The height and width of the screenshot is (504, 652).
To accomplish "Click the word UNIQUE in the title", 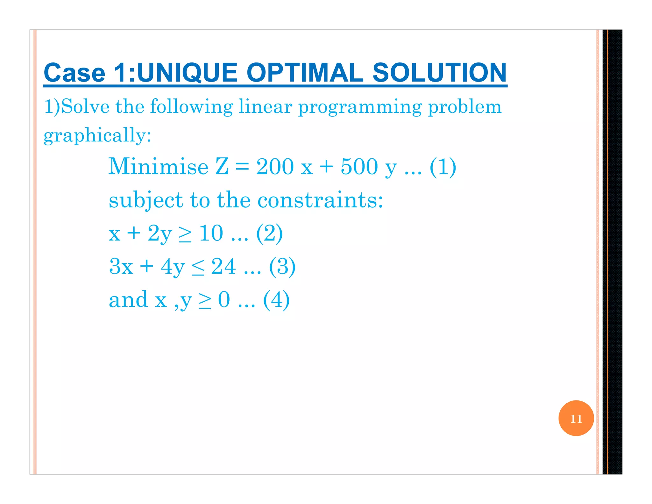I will pos(187,73).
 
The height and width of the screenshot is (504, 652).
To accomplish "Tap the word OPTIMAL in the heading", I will pos(305,73).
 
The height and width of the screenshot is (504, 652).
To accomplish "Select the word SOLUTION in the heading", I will pos(439,73).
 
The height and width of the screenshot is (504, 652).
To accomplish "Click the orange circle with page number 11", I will pos(576,418).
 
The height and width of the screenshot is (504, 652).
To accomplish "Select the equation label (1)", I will pos(443,167).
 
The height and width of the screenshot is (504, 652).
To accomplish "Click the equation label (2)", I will pos(269,233).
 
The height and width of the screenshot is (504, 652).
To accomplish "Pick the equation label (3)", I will pos(282,266).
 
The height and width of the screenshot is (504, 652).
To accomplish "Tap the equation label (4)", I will pos(276,300).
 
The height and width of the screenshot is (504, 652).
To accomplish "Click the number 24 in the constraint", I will pos(223,266).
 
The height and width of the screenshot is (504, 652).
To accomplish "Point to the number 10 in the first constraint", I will pos(211,233).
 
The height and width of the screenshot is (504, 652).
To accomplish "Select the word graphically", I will pos(97,135).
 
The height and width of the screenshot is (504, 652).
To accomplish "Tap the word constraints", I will pos(320,200).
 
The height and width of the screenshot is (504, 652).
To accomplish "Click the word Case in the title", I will pos(74,73).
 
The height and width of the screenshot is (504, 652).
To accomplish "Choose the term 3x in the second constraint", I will pos(121,266).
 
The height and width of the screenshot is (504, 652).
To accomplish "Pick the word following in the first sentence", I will pos(191,106).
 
